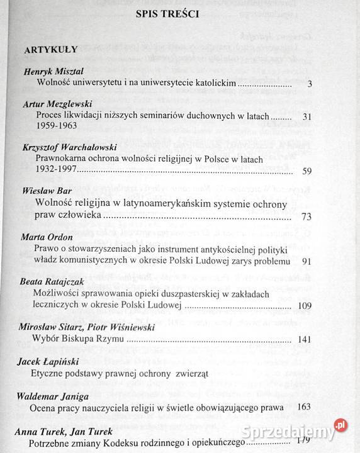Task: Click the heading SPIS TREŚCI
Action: click(x=172, y=14)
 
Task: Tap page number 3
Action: click(x=309, y=84)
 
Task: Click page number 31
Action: click(x=307, y=116)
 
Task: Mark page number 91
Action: click(x=307, y=260)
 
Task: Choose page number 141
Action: click(x=304, y=340)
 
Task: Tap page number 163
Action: click(x=304, y=407)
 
